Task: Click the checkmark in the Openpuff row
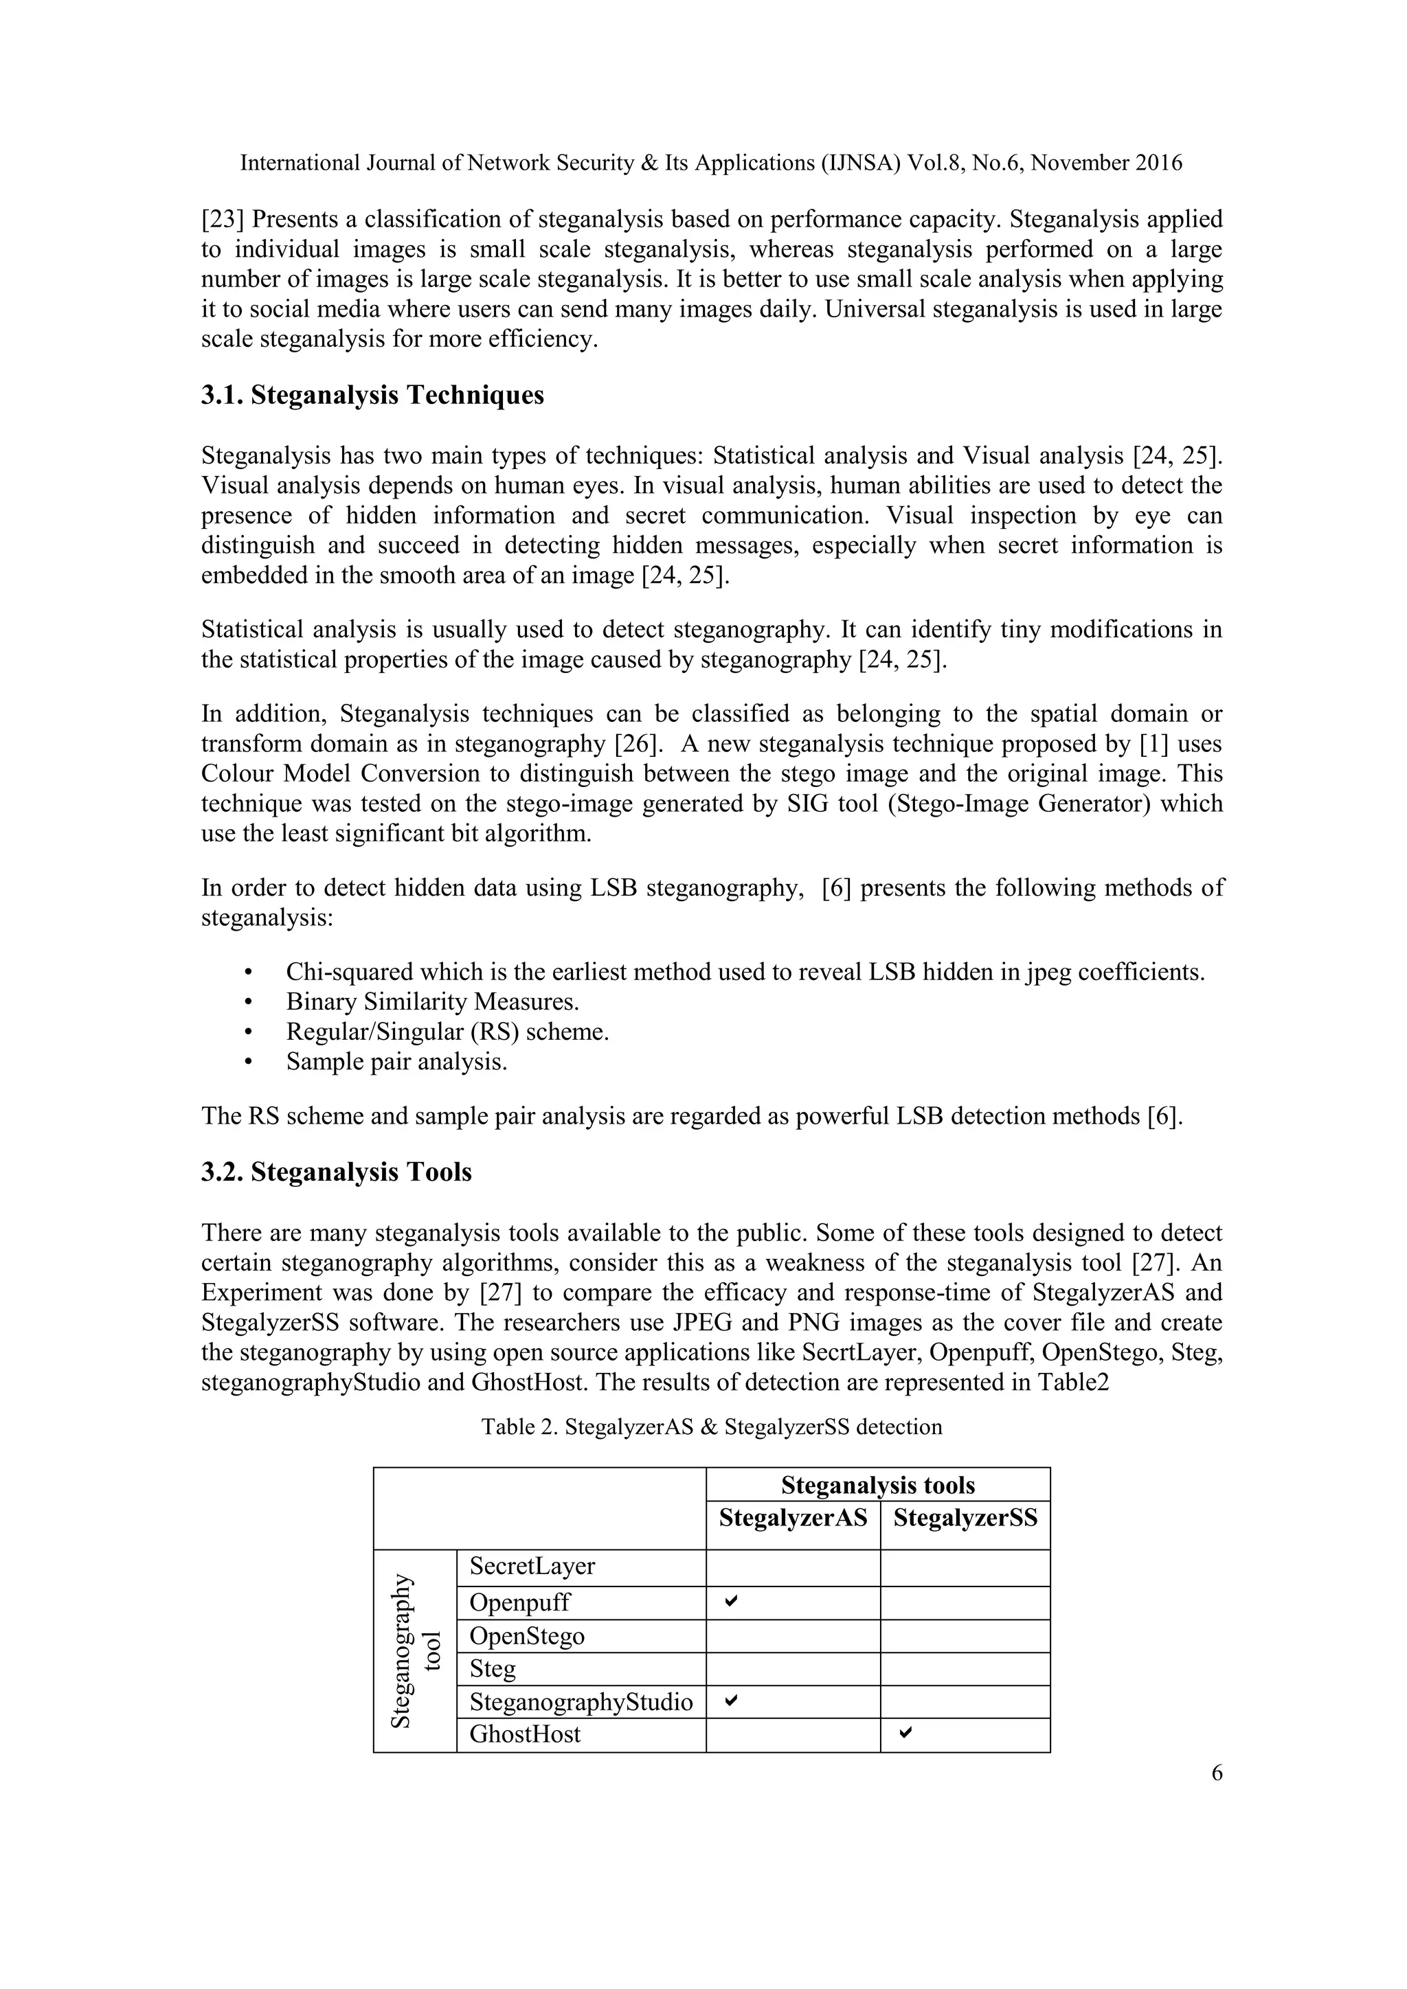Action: [x=731, y=1602]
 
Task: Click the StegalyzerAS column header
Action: [x=793, y=1518]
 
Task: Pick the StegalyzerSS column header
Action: [x=965, y=1518]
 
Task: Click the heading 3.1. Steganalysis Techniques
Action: [x=372, y=395]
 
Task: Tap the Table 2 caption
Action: [x=711, y=1427]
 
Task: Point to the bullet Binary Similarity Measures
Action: [x=432, y=1001]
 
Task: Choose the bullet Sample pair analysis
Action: [x=396, y=1061]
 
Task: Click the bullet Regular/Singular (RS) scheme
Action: [x=447, y=1032]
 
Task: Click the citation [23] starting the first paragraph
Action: [x=223, y=219]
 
